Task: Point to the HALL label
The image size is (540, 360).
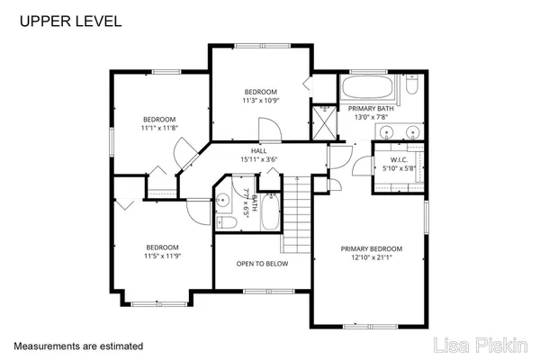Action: pos(258,150)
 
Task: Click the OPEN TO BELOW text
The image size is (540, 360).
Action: pos(262,265)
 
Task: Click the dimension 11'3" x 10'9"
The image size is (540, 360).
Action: pos(262,101)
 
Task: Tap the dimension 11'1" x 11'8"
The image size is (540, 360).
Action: pos(157,129)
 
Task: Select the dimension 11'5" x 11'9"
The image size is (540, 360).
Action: pos(163,256)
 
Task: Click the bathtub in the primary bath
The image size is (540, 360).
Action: pos(368,88)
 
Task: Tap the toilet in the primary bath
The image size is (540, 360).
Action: pos(411,86)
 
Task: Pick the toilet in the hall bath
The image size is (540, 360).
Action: pos(229,223)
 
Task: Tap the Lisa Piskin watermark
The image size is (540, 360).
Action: pos(485,345)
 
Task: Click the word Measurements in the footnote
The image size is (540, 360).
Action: pos(46,345)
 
